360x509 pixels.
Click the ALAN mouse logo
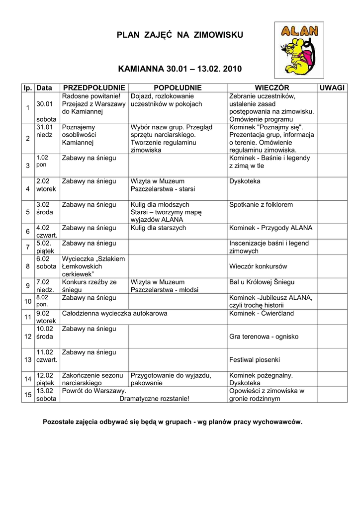(299, 50)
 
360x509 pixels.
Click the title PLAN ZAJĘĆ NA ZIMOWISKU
(180, 35)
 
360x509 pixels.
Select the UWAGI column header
(332, 87)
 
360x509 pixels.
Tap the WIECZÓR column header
(272, 87)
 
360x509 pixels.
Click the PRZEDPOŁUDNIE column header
(94, 87)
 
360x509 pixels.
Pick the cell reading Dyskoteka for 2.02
(245, 181)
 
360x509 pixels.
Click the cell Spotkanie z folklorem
(261, 204)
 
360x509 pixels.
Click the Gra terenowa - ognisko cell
(264, 337)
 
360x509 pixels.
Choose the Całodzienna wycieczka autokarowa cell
(114, 314)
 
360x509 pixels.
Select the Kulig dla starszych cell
(158, 228)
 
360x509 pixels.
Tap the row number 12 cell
(28, 337)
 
